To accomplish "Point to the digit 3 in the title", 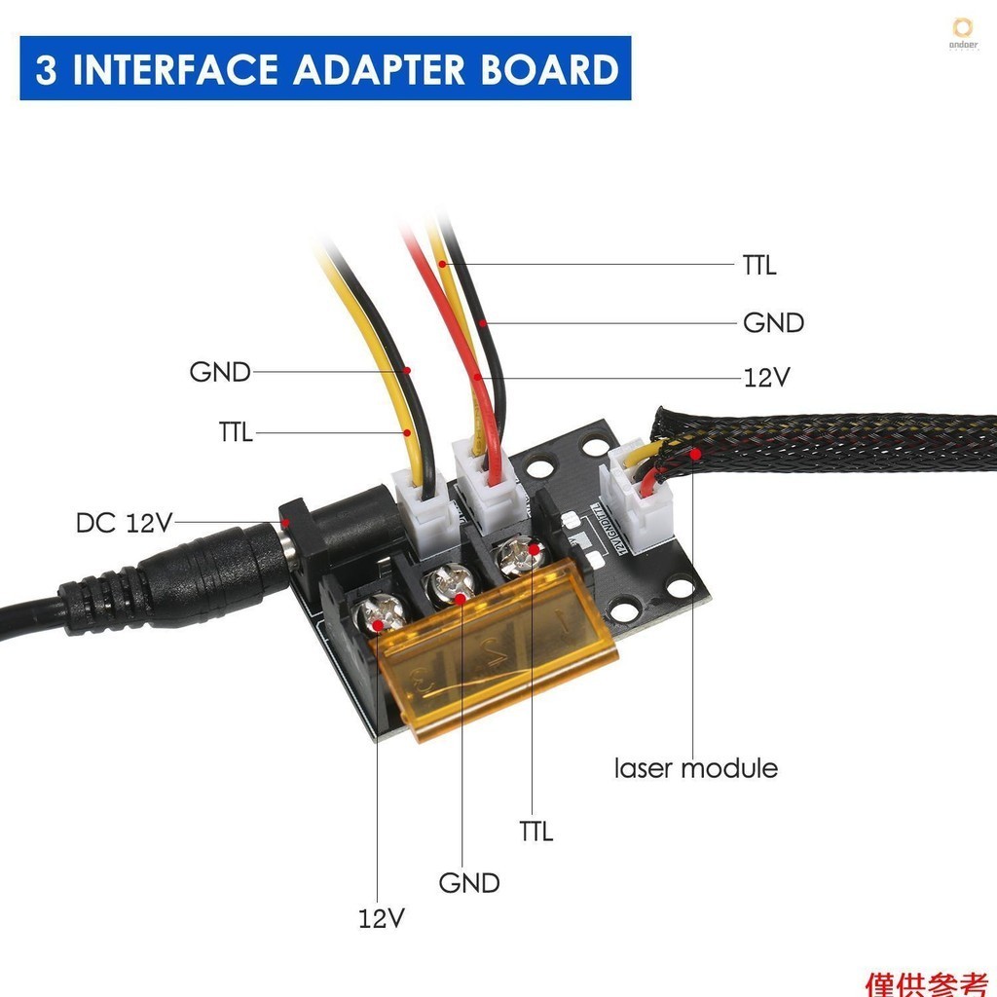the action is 46,69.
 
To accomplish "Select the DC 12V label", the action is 124,523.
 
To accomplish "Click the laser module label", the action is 695,768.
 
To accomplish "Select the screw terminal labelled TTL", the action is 519,559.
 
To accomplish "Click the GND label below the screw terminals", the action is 469,883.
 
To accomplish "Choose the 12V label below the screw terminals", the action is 381,918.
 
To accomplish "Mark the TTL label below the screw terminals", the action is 535,831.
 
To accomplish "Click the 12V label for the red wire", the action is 766,378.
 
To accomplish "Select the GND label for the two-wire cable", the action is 220,372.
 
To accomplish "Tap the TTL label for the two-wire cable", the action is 236,432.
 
